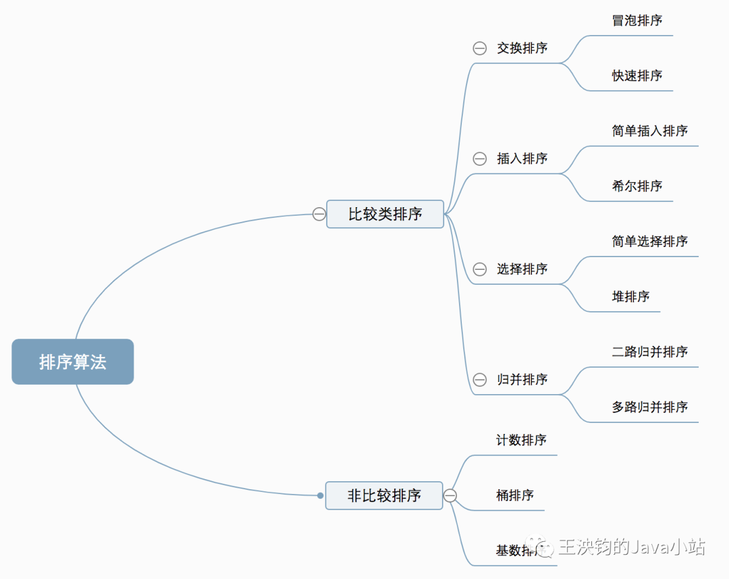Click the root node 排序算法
(73, 362)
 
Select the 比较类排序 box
(385, 214)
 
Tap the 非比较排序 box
(384, 495)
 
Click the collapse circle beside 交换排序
(480, 48)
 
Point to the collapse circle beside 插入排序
(480, 159)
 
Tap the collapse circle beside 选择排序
(480, 269)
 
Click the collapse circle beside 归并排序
(480, 380)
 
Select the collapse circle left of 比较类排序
(319, 214)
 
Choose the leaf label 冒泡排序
(637, 20)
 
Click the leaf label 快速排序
(637, 76)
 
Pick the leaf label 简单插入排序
(650, 131)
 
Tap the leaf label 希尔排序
(637, 186)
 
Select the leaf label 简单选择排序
(650, 242)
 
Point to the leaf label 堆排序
(631, 296)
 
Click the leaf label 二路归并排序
(650, 352)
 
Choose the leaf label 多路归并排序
(650, 407)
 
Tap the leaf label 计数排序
(521, 440)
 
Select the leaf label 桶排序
(515, 495)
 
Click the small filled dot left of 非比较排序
(321, 495)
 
